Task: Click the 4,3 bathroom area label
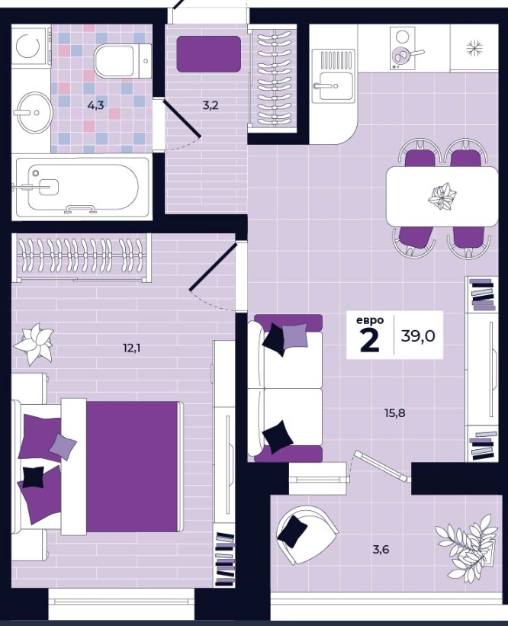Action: point(96,106)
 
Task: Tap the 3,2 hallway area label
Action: point(211,106)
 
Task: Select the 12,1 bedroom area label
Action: point(132,348)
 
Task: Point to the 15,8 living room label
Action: point(395,413)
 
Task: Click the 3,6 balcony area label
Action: point(381,550)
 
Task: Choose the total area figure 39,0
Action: point(418,336)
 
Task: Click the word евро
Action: point(370,320)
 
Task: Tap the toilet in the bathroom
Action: point(123,61)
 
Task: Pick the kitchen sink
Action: point(333,76)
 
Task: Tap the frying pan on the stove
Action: point(405,55)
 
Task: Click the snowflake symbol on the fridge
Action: point(474,48)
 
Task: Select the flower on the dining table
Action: point(442,196)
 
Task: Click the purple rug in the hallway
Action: point(209,54)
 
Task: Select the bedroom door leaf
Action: point(214,265)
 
